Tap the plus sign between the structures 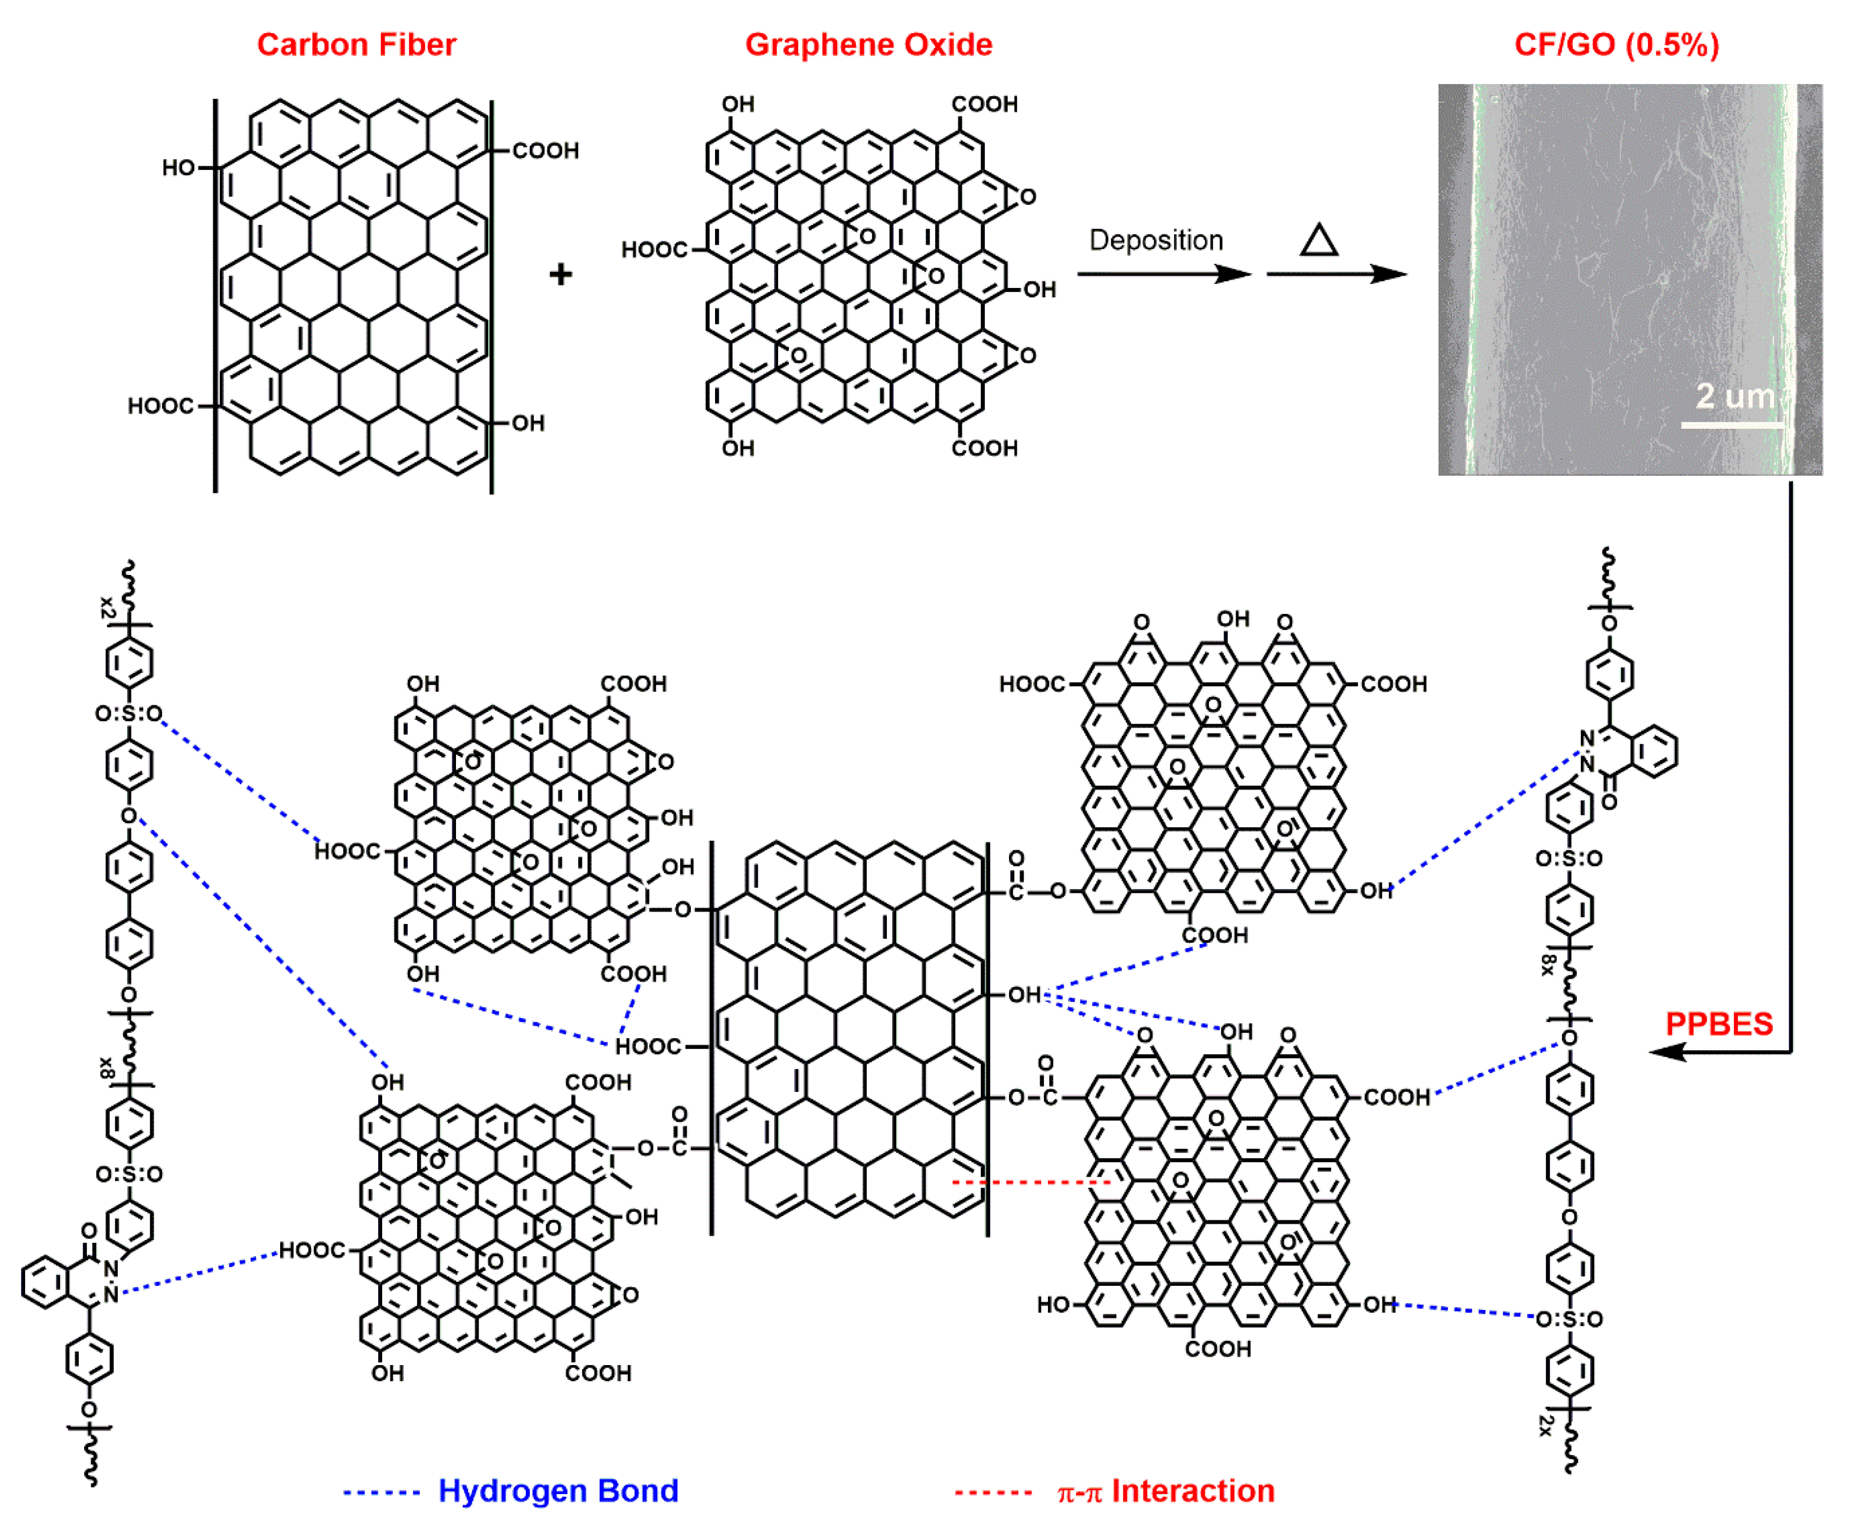click(x=560, y=275)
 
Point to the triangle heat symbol click(x=1319, y=240)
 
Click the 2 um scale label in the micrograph click(x=1734, y=396)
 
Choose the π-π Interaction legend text click(x=1166, y=1491)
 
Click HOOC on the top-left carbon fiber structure click(x=161, y=406)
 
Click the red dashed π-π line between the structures click(x=1031, y=1182)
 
